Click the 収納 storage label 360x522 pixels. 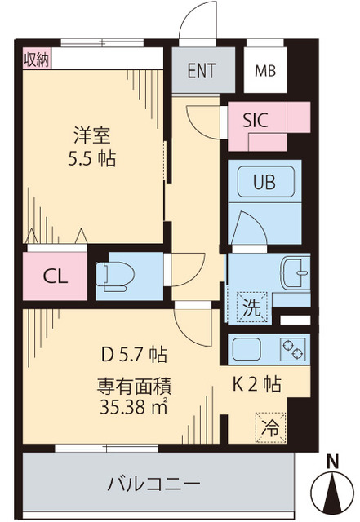click(34, 59)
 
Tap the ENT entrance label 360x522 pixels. click(202, 70)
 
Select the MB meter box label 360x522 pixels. click(265, 70)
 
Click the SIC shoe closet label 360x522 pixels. click(260, 117)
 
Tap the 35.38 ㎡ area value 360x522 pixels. click(133, 408)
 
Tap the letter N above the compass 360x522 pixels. click(332, 461)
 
